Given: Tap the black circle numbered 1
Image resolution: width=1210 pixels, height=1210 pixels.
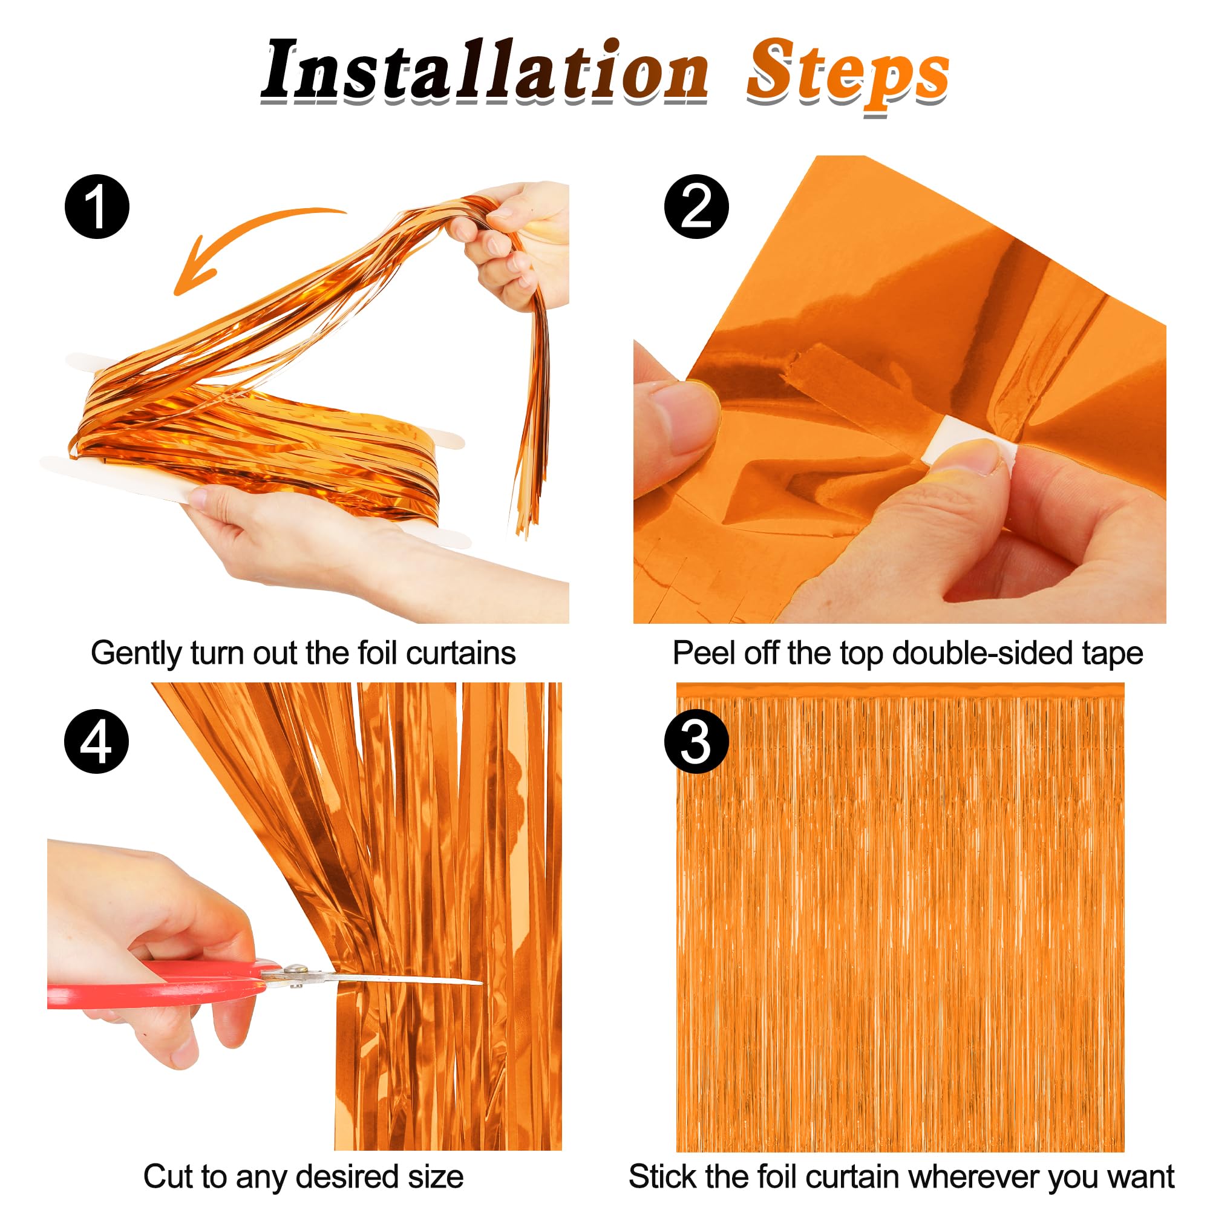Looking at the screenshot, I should pos(97,207).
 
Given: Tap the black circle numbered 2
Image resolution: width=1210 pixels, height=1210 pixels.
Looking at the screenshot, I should pos(696,207).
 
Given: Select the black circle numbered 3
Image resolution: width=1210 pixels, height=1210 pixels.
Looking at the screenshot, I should pos(696,742).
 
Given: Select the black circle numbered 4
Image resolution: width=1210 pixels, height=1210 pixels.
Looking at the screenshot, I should pos(96,742).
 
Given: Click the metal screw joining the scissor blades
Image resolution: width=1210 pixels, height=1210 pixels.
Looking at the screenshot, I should pos(295,972).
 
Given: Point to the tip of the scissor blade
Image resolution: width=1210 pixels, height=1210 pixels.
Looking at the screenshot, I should pos(479,983).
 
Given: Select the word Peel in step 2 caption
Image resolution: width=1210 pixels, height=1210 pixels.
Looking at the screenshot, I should pos(697,653).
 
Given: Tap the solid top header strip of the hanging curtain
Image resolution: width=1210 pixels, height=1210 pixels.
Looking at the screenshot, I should pos(900,690).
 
